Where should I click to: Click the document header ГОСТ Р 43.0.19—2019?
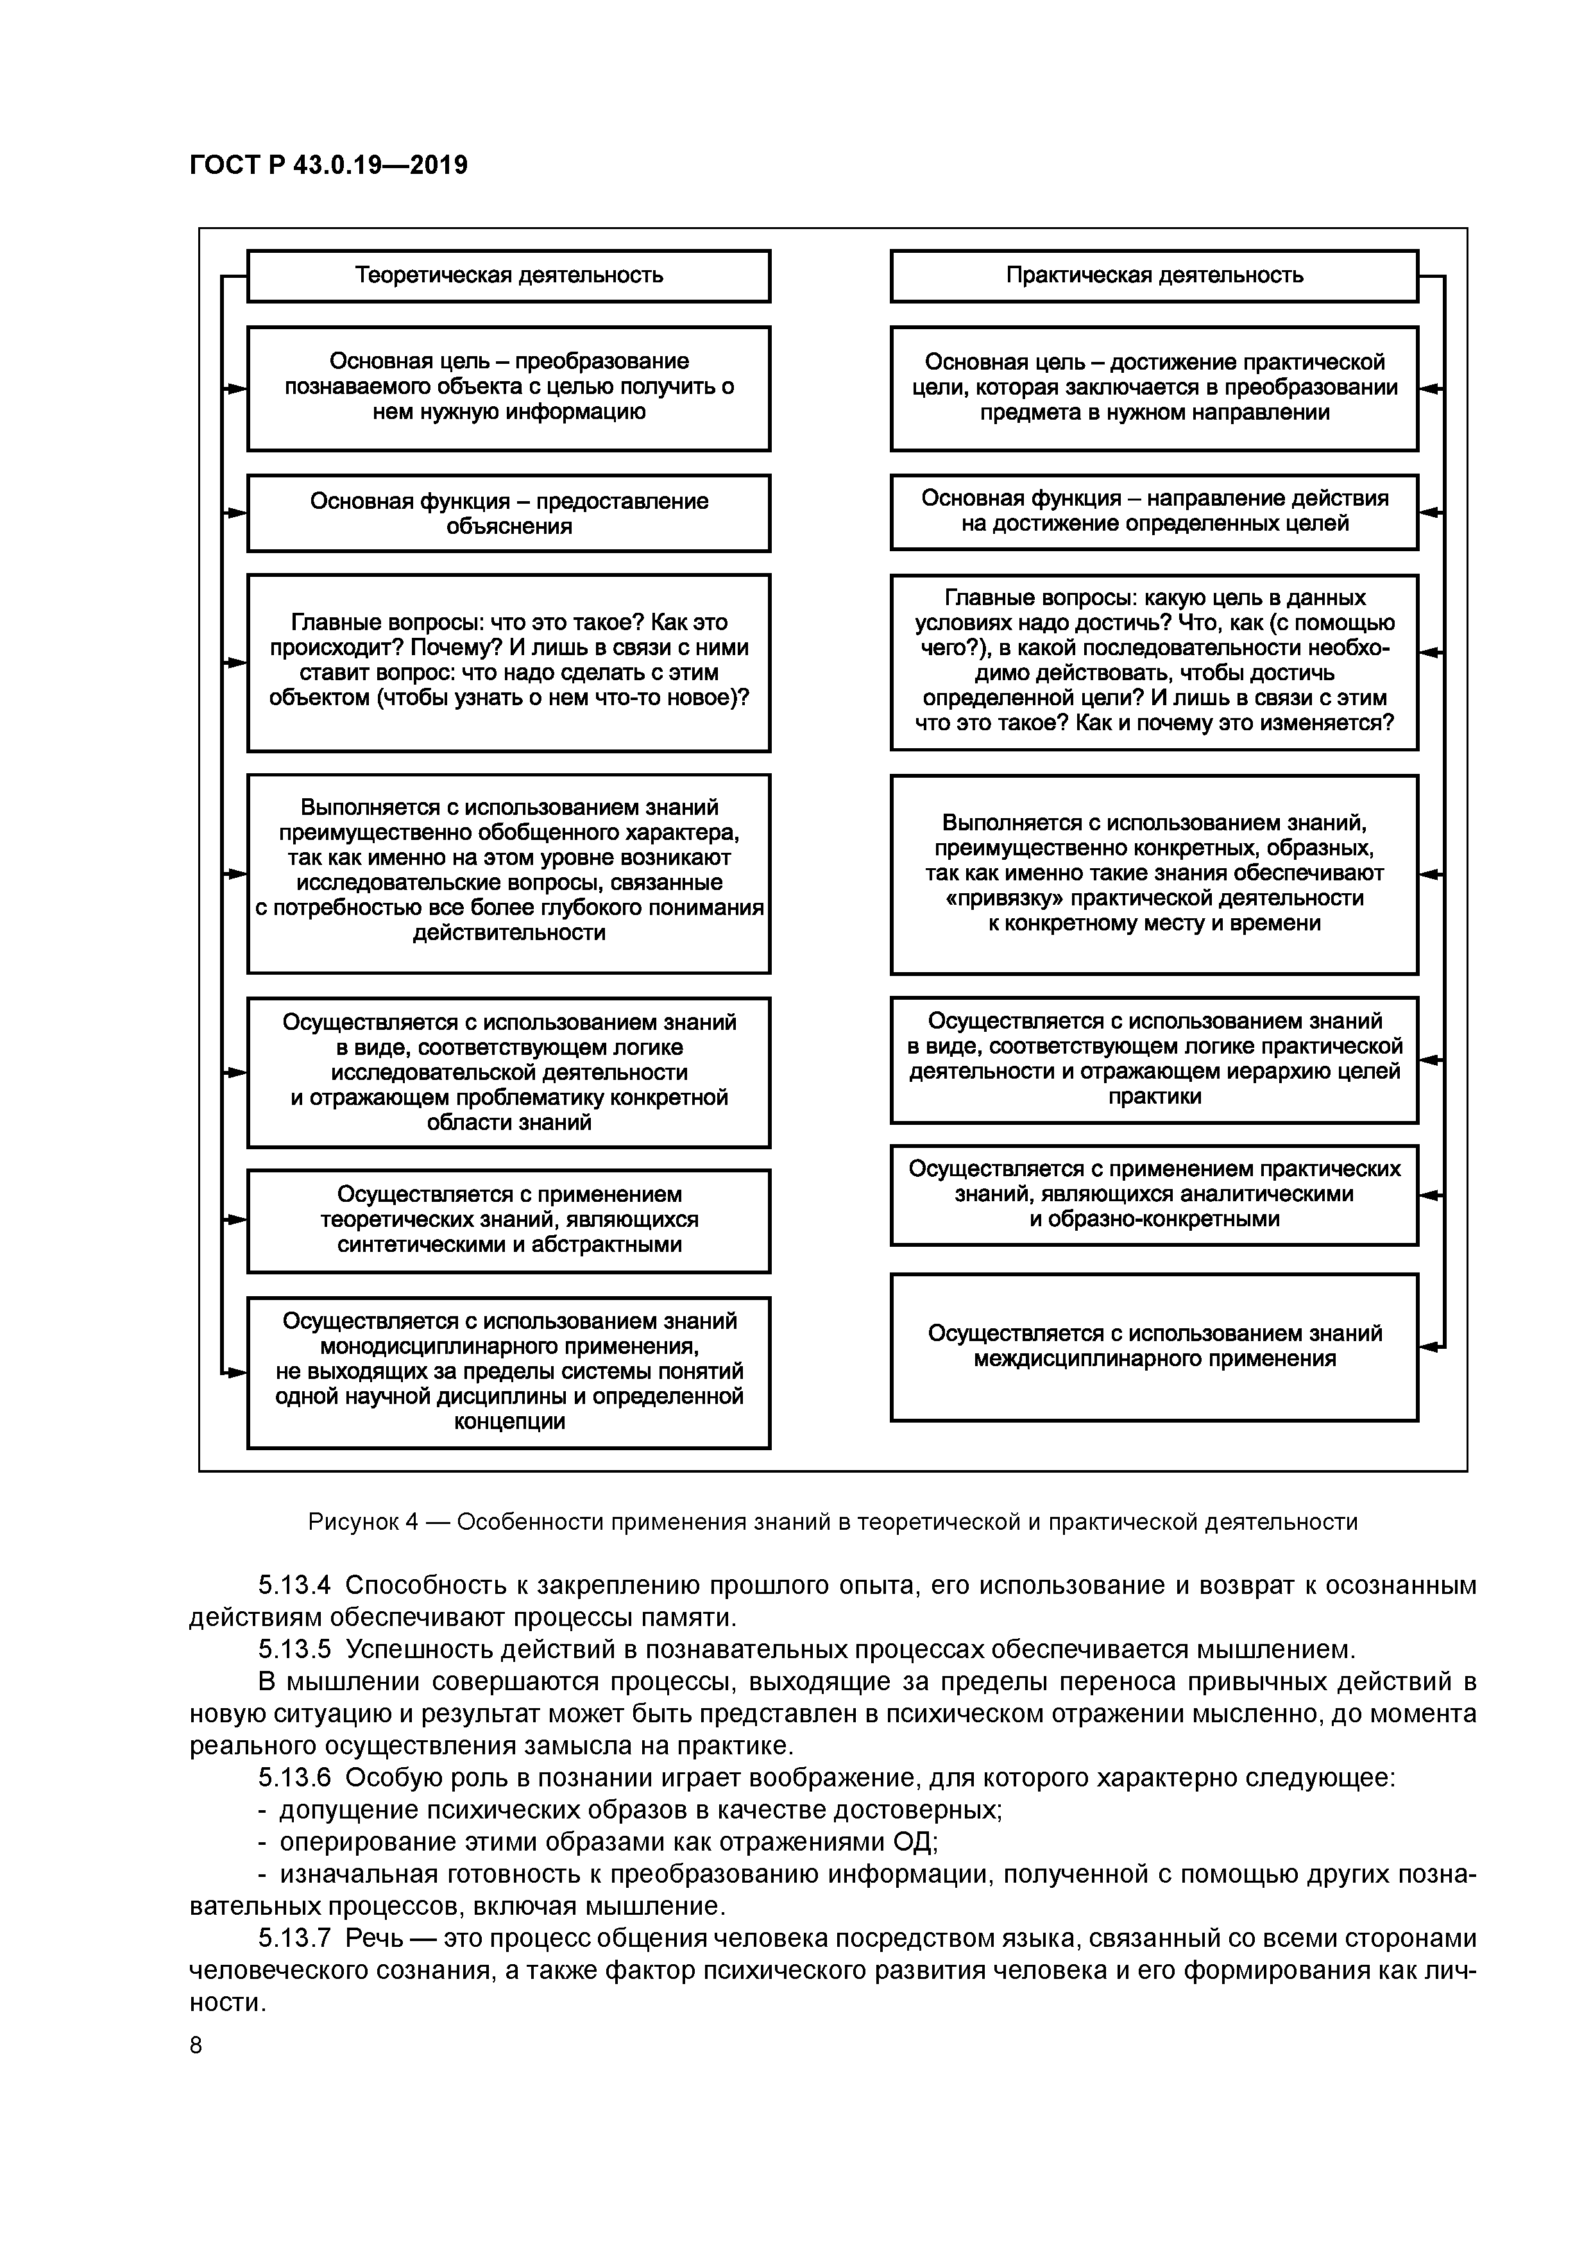point(328,165)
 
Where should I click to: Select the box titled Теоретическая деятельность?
point(508,275)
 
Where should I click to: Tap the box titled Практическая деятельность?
point(1153,275)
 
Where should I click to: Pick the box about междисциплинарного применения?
point(1153,1346)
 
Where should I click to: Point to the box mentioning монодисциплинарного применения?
point(508,1371)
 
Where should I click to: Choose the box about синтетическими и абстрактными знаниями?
point(508,1220)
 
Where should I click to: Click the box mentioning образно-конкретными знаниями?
point(1153,1194)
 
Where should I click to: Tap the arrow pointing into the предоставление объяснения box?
point(235,513)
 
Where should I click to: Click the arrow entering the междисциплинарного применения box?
point(1431,1346)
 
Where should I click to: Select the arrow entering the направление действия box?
point(1431,512)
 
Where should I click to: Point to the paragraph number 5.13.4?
point(294,1586)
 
